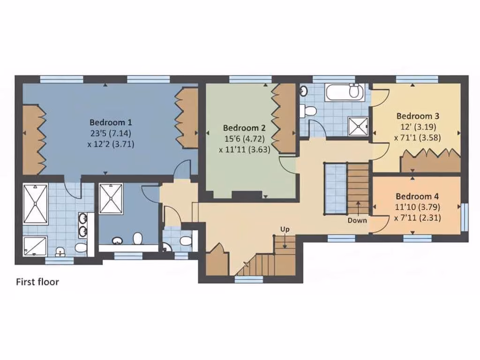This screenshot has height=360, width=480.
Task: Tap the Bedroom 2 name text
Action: [x=244, y=127]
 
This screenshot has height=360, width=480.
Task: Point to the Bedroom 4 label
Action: [x=417, y=196]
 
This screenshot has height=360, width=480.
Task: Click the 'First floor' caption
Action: [x=37, y=282]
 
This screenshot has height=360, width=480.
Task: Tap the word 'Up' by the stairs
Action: [x=285, y=229]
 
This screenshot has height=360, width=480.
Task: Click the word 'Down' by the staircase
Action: [x=357, y=220]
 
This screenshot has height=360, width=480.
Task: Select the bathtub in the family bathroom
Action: [x=345, y=91]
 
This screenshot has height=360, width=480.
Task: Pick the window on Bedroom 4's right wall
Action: [x=464, y=217]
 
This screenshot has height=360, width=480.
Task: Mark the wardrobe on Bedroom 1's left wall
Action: [x=33, y=140]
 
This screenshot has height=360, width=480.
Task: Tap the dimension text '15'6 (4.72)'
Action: [x=244, y=139]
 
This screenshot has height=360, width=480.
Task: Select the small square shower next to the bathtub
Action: [x=358, y=126]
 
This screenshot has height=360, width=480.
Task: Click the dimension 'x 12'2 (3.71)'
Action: [x=111, y=144]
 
